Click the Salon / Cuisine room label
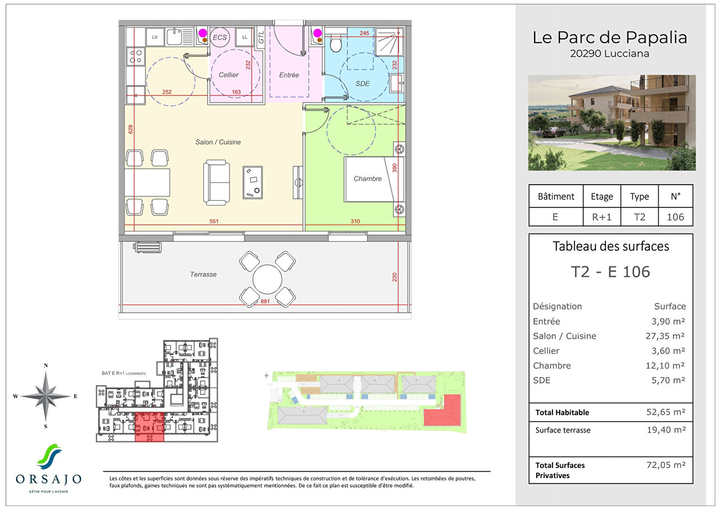[x=218, y=142]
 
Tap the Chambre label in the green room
[x=368, y=178]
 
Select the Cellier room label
[x=228, y=75]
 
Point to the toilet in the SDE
[x=335, y=44]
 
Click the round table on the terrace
[x=267, y=280]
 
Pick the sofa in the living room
[x=217, y=183]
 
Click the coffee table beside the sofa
[x=252, y=182]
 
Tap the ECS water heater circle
[x=219, y=37]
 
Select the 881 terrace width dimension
[x=265, y=301]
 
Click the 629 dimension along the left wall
[x=131, y=129]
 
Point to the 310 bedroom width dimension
[x=355, y=221]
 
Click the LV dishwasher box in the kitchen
[x=155, y=37]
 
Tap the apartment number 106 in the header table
[x=675, y=217]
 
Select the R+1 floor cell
[x=602, y=217]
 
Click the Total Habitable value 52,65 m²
[x=665, y=412]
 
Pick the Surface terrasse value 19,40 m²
[x=666, y=430]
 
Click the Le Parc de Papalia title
[x=610, y=38]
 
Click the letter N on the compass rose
[x=46, y=365]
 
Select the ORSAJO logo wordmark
[x=49, y=479]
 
